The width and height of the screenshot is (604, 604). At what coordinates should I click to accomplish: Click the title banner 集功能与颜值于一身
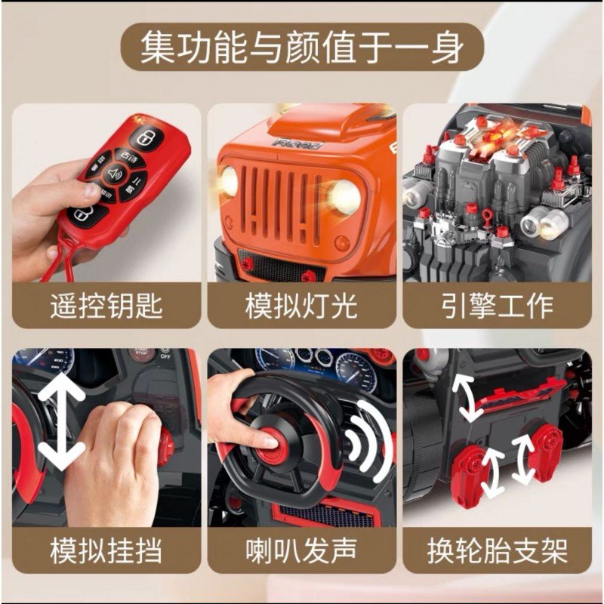[302, 47]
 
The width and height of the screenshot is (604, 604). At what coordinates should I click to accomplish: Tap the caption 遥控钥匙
[106, 306]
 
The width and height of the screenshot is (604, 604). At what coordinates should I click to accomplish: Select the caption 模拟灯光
[301, 306]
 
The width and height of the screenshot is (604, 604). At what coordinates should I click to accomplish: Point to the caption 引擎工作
[498, 306]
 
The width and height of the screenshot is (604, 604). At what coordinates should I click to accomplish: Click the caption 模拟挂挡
[106, 551]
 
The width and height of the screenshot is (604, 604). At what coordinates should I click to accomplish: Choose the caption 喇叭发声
[301, 551]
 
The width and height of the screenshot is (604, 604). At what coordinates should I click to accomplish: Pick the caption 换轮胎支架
[498, 551]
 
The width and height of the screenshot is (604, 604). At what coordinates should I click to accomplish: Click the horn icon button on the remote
[116, 174]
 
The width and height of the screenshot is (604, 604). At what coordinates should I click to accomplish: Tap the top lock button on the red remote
[146, 137]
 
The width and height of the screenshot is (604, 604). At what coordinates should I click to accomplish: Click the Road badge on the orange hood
[297, 144]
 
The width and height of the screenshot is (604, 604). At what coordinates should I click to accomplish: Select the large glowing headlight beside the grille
[344, 197]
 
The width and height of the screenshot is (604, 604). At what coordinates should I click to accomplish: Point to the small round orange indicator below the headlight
[342, 243]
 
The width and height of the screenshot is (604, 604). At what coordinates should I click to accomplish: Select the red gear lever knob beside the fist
[165, 445]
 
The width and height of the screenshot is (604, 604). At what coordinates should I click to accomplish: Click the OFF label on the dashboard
[166, 356]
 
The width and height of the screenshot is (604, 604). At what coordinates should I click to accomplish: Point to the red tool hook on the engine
[487, 214]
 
